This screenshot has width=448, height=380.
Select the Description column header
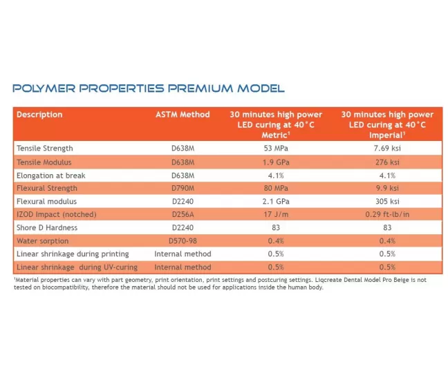tap(39, 115)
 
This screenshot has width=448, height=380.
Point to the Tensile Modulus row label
tap(45, 162)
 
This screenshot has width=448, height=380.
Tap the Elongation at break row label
tap(50, 175)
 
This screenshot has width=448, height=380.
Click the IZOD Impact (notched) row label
tap(56, 214)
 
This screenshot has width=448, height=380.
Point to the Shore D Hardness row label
tap(46, 227)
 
